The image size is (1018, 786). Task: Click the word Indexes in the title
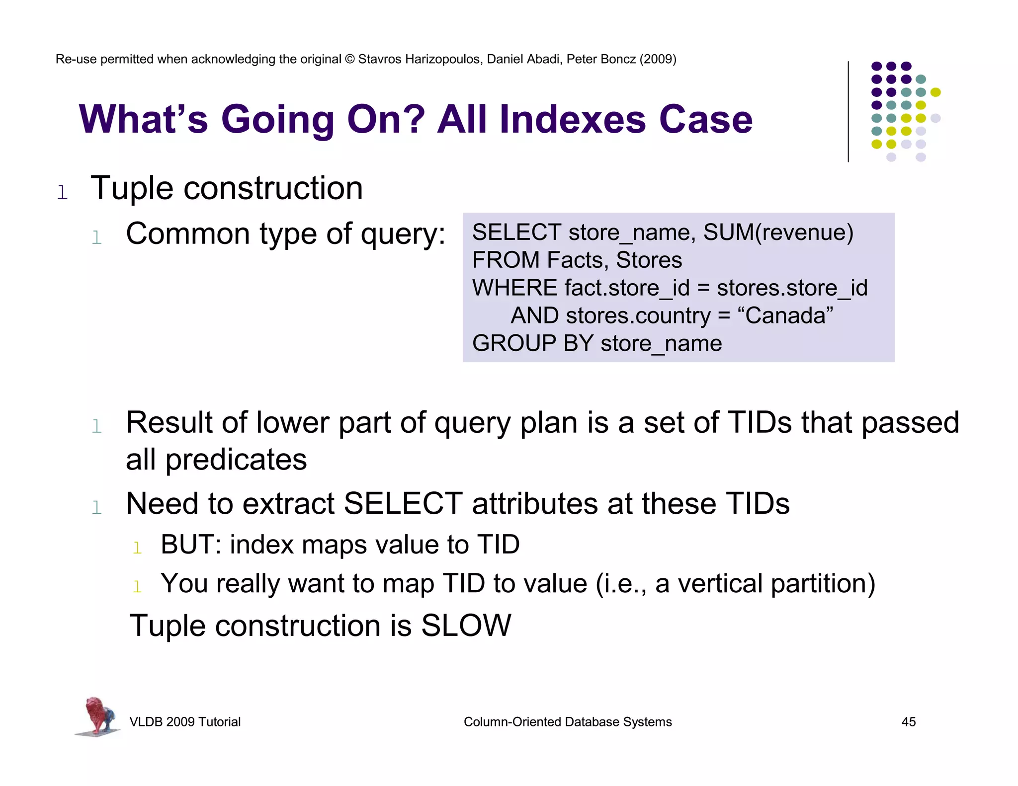pos(572,120)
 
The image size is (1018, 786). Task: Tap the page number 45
pos(908,721)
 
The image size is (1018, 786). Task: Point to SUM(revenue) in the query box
pos(778,233)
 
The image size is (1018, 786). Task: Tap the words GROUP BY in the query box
pos(532,343)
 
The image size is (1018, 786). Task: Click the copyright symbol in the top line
pos(349,59)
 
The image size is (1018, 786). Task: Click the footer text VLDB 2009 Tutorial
pos(185,721)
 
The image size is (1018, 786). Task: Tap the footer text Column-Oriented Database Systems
pos(567,721)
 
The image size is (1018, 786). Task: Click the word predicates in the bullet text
pos(236,460)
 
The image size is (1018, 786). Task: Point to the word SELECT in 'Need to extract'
pos(403,503)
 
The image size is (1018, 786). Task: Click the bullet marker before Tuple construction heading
pos(62,192)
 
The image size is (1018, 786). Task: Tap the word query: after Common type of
pos(403,235)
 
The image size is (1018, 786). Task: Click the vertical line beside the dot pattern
pos(848,111)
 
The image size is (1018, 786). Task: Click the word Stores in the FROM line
pos(649,260)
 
